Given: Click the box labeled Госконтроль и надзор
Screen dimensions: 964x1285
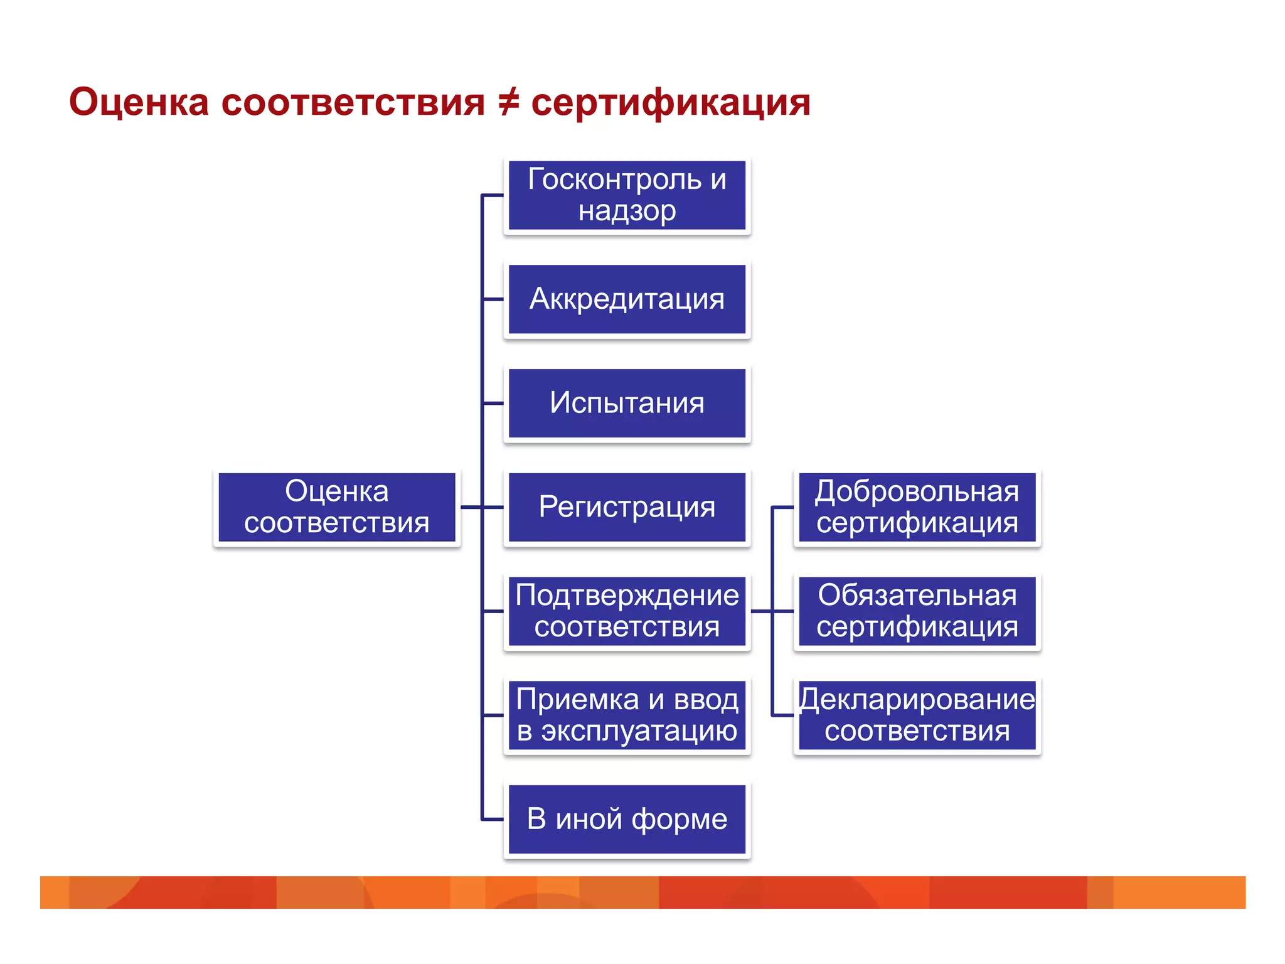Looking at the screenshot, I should pos(627,195).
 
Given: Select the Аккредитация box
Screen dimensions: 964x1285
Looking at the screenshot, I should pos(627,299).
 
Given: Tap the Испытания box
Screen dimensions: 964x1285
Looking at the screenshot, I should pos(627,403).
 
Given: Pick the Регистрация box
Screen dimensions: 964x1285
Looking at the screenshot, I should pos(627,507).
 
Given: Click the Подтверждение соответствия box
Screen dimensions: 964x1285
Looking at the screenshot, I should pos(627,611).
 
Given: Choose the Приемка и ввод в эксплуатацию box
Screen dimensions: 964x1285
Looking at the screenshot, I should pos(627,715).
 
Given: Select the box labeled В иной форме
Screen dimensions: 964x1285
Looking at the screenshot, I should pos(627,819).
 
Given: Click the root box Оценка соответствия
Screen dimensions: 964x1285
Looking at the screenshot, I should pos(336,507).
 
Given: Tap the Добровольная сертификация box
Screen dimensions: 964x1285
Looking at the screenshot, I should pos(917,507).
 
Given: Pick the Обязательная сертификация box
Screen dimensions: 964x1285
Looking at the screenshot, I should pos(917,611).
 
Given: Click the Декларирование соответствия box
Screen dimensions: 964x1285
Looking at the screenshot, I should pos(917,715).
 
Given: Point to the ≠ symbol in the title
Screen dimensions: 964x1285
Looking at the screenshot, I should pos(508,102).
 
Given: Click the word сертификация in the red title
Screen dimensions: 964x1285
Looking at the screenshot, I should pos(670,103).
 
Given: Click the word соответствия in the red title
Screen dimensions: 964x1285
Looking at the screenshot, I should pos(353,103).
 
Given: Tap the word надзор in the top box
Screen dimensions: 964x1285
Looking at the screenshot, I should pos(627,211).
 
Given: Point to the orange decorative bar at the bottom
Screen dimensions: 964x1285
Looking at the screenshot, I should pos(642,892).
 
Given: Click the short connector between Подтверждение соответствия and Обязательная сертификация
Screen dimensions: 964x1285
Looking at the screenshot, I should pos(772,611).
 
